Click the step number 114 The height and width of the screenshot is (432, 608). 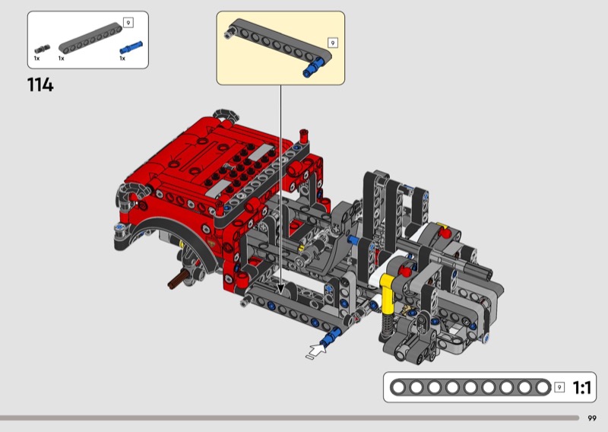click(x=40, y=84)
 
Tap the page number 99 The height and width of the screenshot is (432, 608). click(x=592, y=418)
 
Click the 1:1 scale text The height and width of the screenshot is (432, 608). click(x=581, y=387)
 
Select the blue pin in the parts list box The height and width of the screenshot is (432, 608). click(x=131, y=47)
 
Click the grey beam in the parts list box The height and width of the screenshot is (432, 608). click(x=90, y=38)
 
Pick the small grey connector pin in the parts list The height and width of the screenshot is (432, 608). click(x=43, y=49)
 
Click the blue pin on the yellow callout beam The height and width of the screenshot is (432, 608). click(x=313, y=67)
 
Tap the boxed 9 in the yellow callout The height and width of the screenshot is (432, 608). click(x=333, y=43)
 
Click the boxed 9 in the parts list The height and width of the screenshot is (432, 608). click(x=128, y=23)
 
